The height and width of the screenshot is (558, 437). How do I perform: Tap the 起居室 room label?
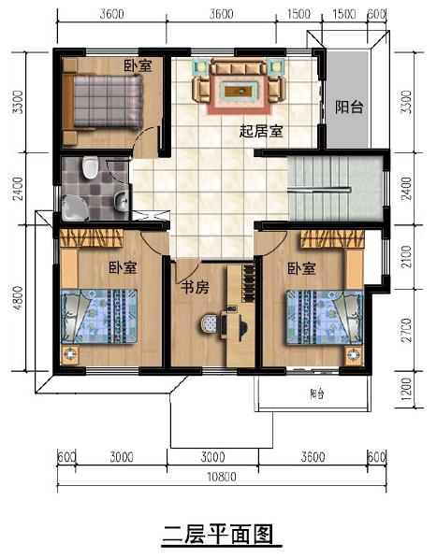click(x=261, y=131)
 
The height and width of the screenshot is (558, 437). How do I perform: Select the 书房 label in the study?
click(x=195, y=287)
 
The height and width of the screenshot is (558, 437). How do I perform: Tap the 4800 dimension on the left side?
click(x=17, y=301)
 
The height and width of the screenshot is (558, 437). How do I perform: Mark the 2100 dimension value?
click(x=405, y=254)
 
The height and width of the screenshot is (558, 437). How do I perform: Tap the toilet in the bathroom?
click(x=89, y=168)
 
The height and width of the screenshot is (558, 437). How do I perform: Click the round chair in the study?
click(x=209, y=325)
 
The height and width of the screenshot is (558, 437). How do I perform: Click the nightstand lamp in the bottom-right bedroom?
click(x=353, y=353)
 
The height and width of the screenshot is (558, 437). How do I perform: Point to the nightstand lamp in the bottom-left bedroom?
click(x=69, y=354)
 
